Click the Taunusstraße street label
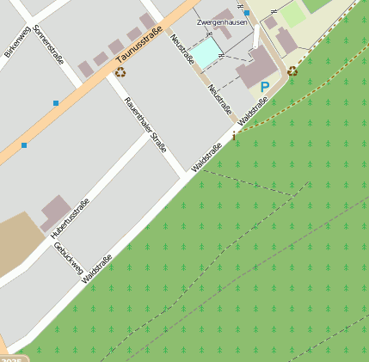pyautogui.click(x=140, y=46)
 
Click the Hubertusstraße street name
pyautogui.click(x=70, y=218)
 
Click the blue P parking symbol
pyautogui.click(x=265, y=87)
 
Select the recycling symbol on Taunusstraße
pyautogui.click(x=119, y=71)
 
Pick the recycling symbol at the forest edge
pyautogui.click(x=292, y=71)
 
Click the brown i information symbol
pyautogui.click(x=234, y=136)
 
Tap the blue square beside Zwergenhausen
pyautogui.click(x=247, y=14)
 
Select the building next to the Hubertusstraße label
pyautogui.click(x=56, y=212)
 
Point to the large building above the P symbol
pyautogui.click(x=256, y=67)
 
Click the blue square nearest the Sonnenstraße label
pyautogui.click(x=56, y=103)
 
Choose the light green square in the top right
pyautogui.click(x=293, y=15)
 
